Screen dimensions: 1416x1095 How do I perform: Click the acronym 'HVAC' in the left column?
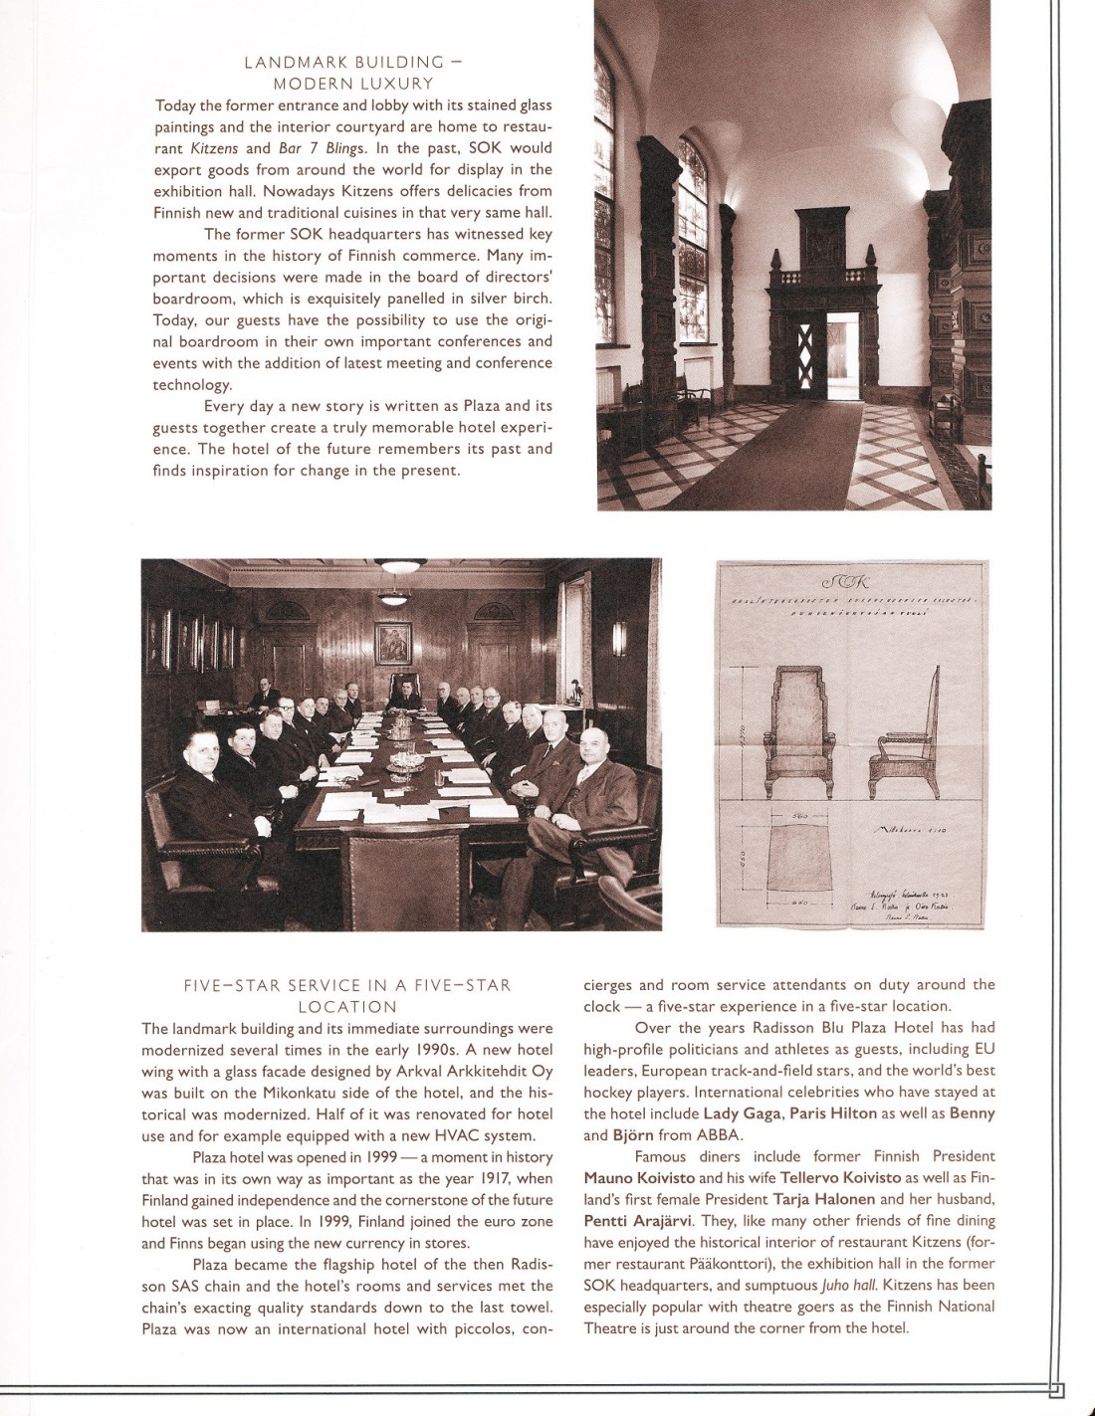(x=461, y=1135)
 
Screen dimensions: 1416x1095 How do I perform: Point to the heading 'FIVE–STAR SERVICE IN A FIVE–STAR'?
(x=347, y=985)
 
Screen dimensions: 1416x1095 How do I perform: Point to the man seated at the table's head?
(x=405, y=692)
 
